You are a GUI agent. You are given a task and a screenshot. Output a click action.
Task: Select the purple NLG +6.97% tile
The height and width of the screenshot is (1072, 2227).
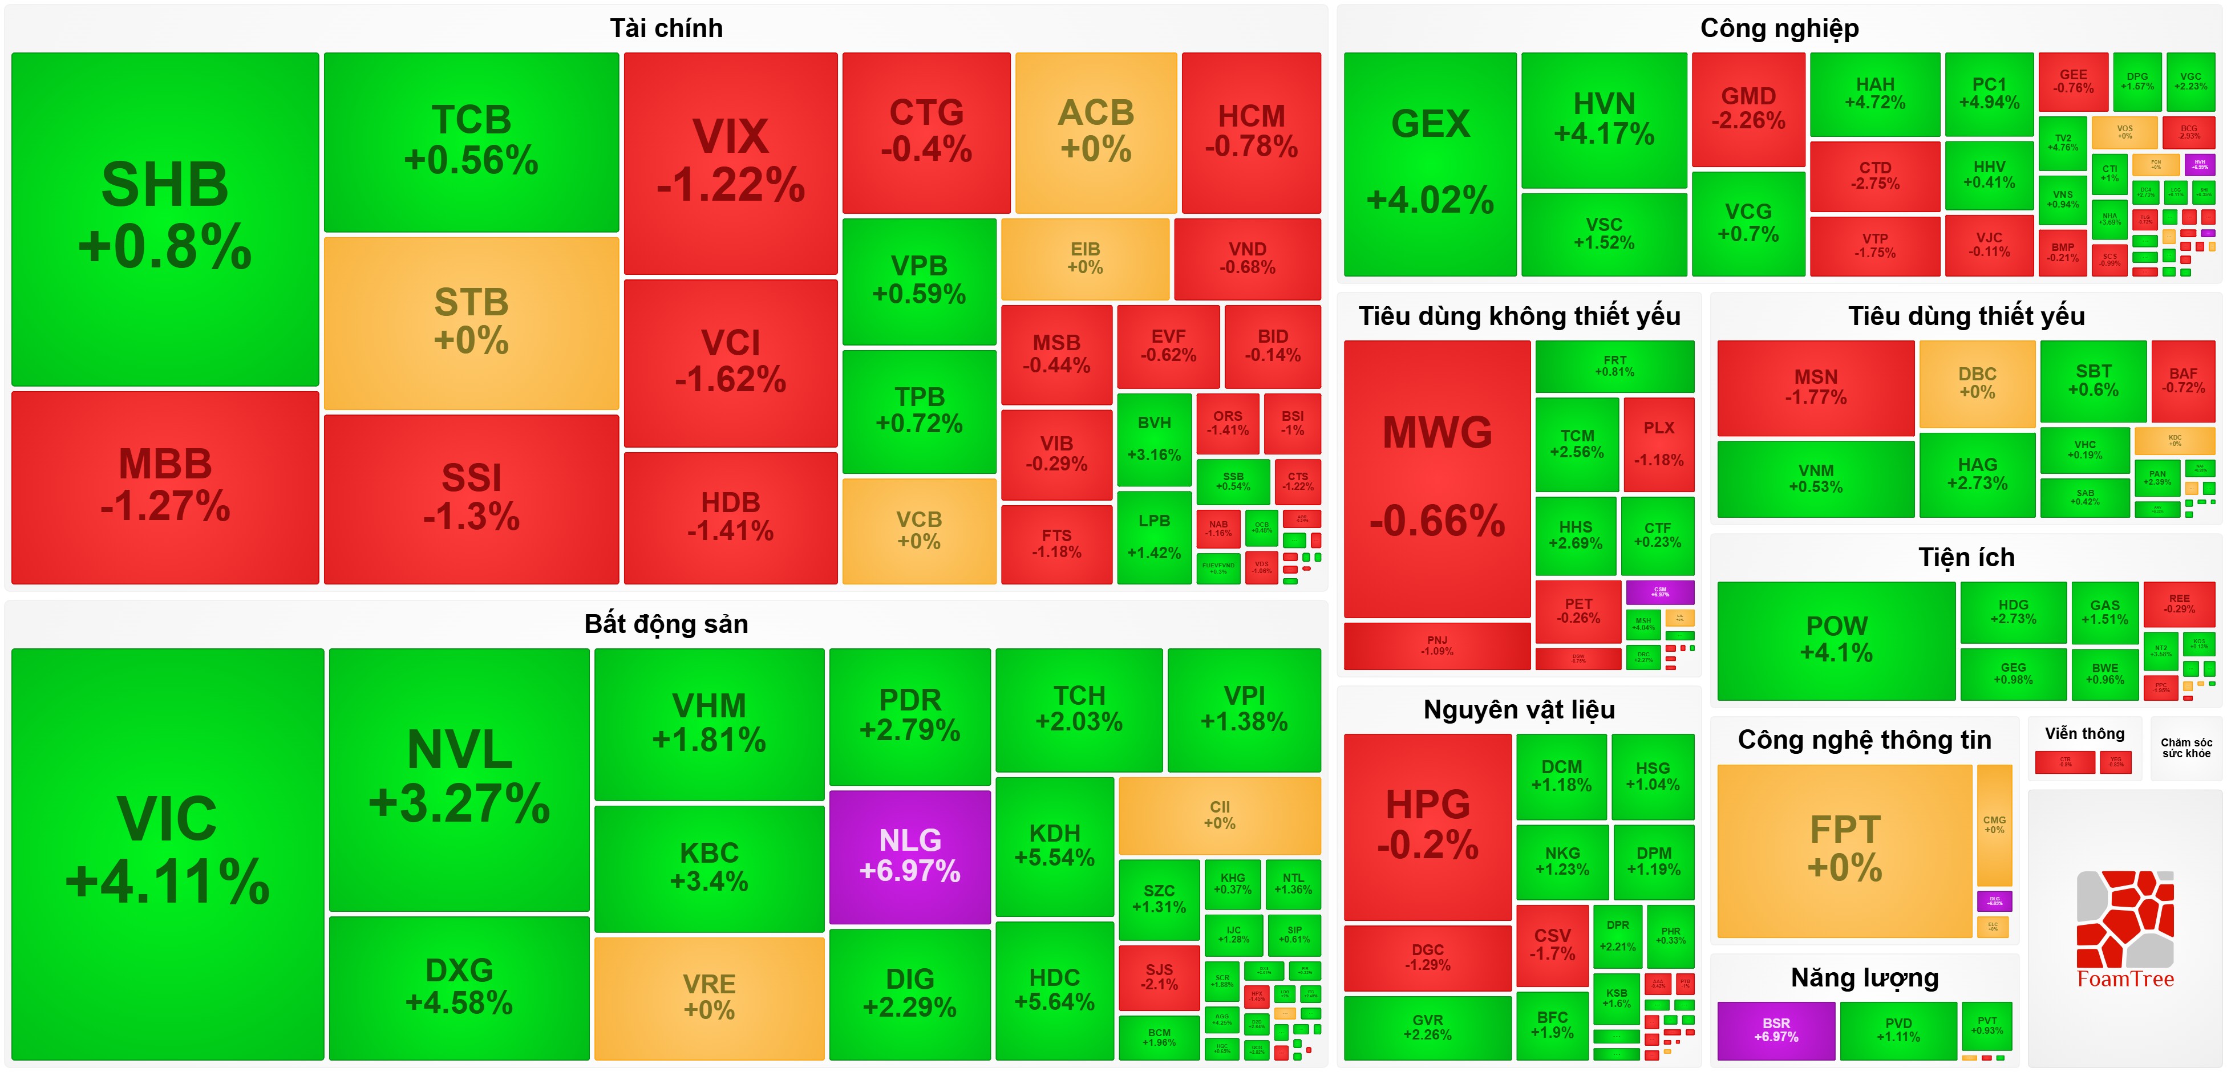[x=909, y=856]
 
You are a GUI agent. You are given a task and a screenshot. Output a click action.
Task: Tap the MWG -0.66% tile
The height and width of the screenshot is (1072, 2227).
[x=1437, y=477]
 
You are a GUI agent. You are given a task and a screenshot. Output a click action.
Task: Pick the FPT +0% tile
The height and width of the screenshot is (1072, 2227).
[x=1844, y=849]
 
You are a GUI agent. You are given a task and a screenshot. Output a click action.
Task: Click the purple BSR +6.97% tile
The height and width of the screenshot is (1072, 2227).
[x=1776, y=1030]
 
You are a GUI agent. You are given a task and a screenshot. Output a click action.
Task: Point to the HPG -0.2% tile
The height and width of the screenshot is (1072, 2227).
[x=1427, y=825]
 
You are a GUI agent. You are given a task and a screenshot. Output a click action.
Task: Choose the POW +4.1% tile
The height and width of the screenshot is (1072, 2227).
[x=1836, y=640]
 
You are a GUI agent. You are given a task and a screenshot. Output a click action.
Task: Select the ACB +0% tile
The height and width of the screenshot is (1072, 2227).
[x=1095, y=131]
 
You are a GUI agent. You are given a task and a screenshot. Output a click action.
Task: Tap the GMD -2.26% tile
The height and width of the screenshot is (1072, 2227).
[x=1748, y=108]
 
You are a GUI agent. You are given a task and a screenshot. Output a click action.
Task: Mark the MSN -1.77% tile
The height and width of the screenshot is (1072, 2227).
[x=1816, y=387]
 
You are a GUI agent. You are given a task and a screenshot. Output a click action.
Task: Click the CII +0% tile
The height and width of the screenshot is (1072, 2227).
[x=1219, y=815]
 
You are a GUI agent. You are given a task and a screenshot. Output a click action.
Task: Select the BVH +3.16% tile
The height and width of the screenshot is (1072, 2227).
[x=1154, y=439]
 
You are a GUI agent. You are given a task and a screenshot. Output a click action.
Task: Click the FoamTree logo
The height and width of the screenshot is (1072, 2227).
[x=2125, y=929]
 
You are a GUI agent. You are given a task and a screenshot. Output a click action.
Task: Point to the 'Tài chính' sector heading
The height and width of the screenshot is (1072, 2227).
[x=666, y=29]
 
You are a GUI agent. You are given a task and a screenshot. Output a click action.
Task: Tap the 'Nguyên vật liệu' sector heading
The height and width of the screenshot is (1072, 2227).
[x=1519, y=710]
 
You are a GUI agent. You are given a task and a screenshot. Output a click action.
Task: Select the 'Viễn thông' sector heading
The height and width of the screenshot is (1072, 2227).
[x=2084, y=734]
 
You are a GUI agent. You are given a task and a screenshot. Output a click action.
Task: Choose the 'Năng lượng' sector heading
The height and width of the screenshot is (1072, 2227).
[x=1865, y=978]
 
